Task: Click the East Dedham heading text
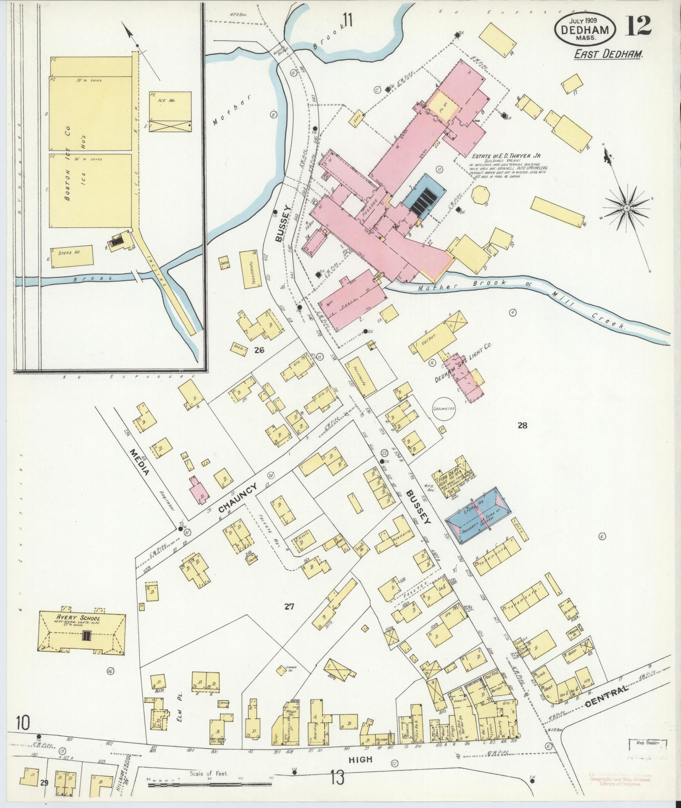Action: coord(608,54)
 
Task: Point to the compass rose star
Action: coord(627,208)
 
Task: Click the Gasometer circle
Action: coord(443,409)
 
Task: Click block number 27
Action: coord(289,607)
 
